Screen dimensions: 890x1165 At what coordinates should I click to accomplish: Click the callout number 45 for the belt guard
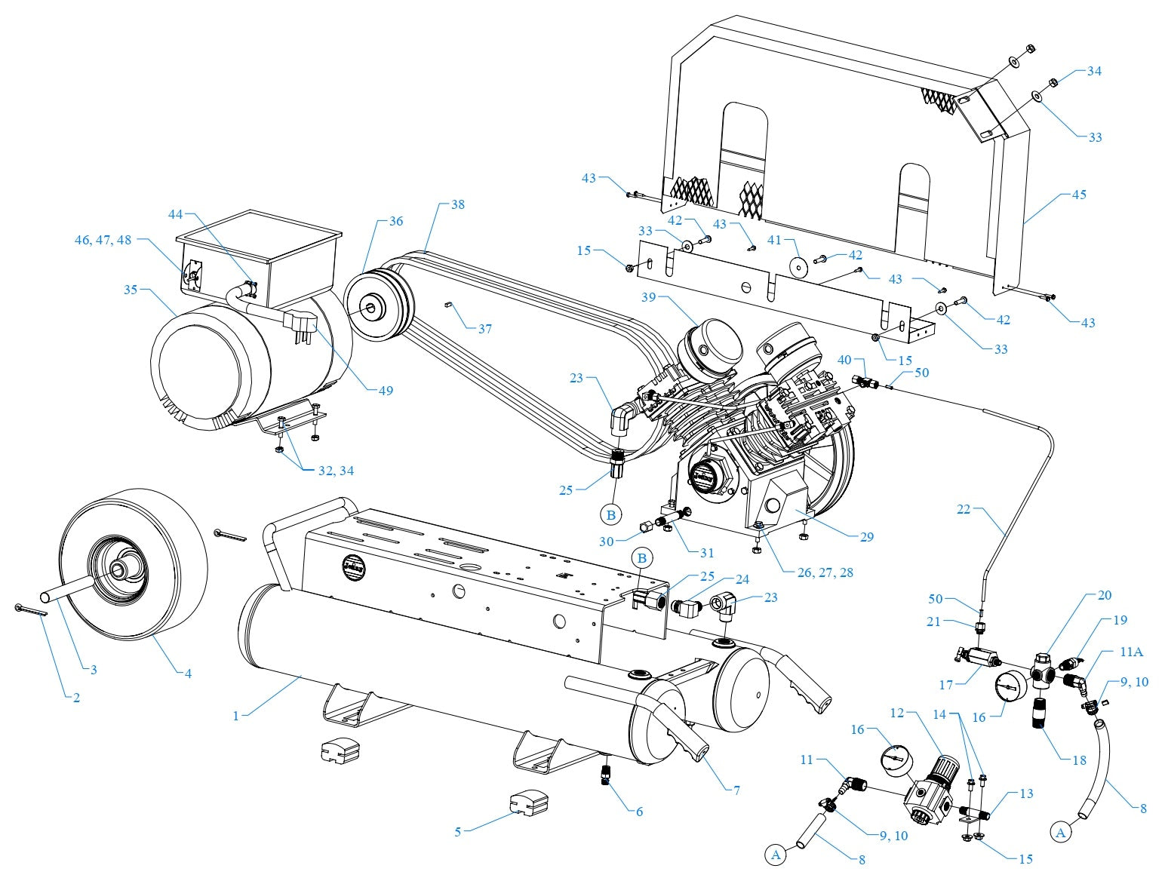point(1079,195)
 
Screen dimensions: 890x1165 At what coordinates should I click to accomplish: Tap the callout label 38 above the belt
point(459,204)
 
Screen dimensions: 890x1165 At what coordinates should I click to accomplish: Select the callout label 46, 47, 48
point(103,240)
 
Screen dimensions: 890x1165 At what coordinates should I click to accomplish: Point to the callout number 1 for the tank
point(236,716)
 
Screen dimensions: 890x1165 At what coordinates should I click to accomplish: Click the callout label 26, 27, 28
point(825,572)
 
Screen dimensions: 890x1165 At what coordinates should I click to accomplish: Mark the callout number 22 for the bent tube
point(964,509)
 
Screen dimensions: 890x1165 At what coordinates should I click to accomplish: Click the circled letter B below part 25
point(611,515)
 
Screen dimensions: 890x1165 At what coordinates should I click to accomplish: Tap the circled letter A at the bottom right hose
point(1061,833)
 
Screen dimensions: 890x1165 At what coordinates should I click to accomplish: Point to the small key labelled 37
point(447,305)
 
